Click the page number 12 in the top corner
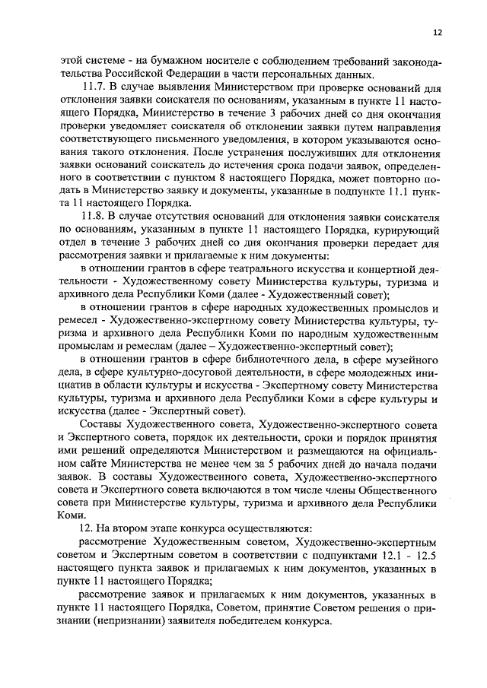pos(437,33)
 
